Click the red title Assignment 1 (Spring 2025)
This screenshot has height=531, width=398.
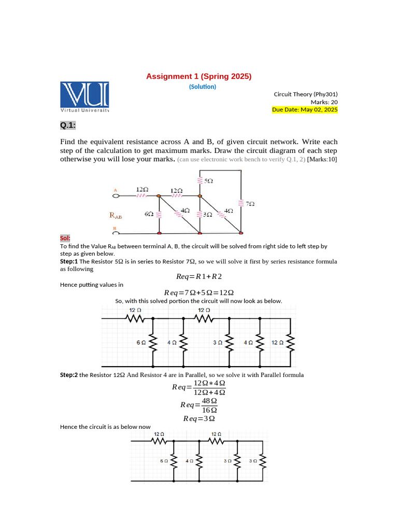pos(198,76)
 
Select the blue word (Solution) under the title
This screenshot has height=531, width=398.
pos(203,87)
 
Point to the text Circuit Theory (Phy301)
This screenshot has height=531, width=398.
pos(305,94)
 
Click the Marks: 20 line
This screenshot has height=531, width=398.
pos(324,102)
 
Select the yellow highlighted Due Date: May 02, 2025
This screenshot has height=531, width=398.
pos(305,110)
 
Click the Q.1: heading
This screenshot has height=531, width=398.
pos(68,125)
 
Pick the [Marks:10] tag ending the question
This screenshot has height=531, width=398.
pos(322,159)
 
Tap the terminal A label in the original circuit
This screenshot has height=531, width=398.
pos(116,190)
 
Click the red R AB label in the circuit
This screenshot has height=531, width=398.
pos(116,214)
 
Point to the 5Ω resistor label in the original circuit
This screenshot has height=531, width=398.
pos(208,181)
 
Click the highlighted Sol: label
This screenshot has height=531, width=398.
pos(65,237)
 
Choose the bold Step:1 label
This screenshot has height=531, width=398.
pos(69,262)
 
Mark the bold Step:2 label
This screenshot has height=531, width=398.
pos(69,375)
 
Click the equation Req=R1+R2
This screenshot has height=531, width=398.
pos(198,277)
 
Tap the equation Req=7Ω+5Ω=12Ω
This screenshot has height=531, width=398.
pos(198,292)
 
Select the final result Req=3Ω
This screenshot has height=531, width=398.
pos(199,418)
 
